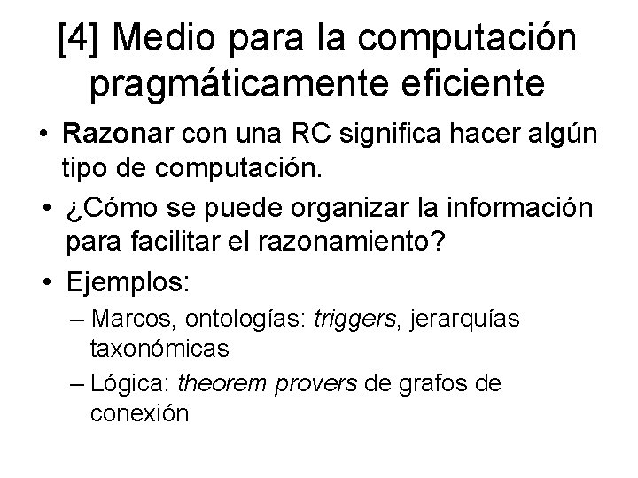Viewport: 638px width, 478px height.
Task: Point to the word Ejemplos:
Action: (127, 285)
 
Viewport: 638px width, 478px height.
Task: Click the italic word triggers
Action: (357, 317)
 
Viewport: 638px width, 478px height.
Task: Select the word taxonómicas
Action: (159, 348)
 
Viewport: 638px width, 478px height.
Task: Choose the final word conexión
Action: (139, 412)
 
